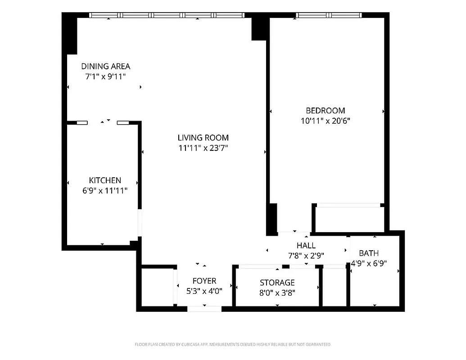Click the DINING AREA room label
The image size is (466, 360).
coord(105,66)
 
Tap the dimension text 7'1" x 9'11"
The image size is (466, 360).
coord(105,76)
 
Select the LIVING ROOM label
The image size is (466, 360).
coord(203,138)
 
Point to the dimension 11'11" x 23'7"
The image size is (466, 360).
coord(203,148)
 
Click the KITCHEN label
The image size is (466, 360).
coord(104,180)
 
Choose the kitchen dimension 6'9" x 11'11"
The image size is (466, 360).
coord(104,190)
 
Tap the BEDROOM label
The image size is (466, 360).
coord(325,110)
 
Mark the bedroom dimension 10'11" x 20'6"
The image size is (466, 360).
coord(325,121)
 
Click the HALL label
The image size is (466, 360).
coord(306,245)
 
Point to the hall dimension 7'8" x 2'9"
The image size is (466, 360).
coord(306,256)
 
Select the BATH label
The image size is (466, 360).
coord(369,253)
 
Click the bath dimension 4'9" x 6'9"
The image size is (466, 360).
coord(369,264)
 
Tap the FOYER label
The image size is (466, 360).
coord(204,281)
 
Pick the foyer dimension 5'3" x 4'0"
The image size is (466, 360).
coord(204,291)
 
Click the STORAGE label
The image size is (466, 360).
coord(277,283)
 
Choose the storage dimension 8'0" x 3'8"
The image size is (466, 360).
coord(277,293)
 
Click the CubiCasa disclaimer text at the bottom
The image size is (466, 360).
coord(233,345)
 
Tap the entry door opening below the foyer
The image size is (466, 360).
coord(204,309)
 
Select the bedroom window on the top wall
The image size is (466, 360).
coord(329,15)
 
